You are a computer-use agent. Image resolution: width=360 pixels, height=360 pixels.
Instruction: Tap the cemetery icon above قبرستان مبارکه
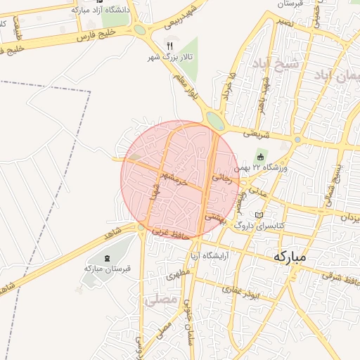click(x=107, y=258)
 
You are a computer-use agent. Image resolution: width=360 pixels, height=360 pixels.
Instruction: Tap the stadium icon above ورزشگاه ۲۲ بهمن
click(x=261, y=157)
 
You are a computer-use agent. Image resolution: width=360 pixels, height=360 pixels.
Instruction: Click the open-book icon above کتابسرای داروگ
click(x=259, y=214)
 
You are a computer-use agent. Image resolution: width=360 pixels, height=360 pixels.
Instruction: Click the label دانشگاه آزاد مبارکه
click(x=97, y=11)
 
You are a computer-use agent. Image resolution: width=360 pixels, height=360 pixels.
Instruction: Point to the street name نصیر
click(x=285, y=22)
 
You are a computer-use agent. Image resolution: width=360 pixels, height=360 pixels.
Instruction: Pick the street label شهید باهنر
click(x=265, y=89)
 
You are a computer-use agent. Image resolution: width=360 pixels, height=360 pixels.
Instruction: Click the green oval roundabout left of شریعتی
click(x=215, y=122)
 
